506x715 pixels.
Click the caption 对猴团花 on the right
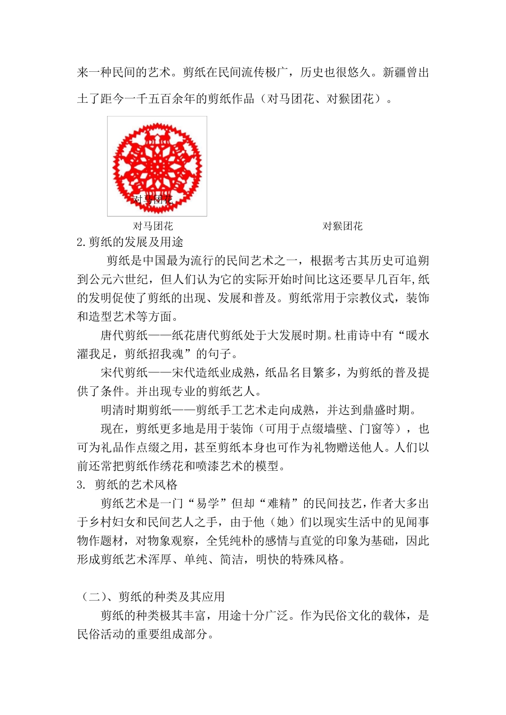pos(342,226)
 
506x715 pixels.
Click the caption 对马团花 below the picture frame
pos(153,226)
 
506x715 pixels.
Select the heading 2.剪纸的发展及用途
pos(130,242)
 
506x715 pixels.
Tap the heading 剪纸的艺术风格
pos(136,485)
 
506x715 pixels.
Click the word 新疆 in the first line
pos(394,72)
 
